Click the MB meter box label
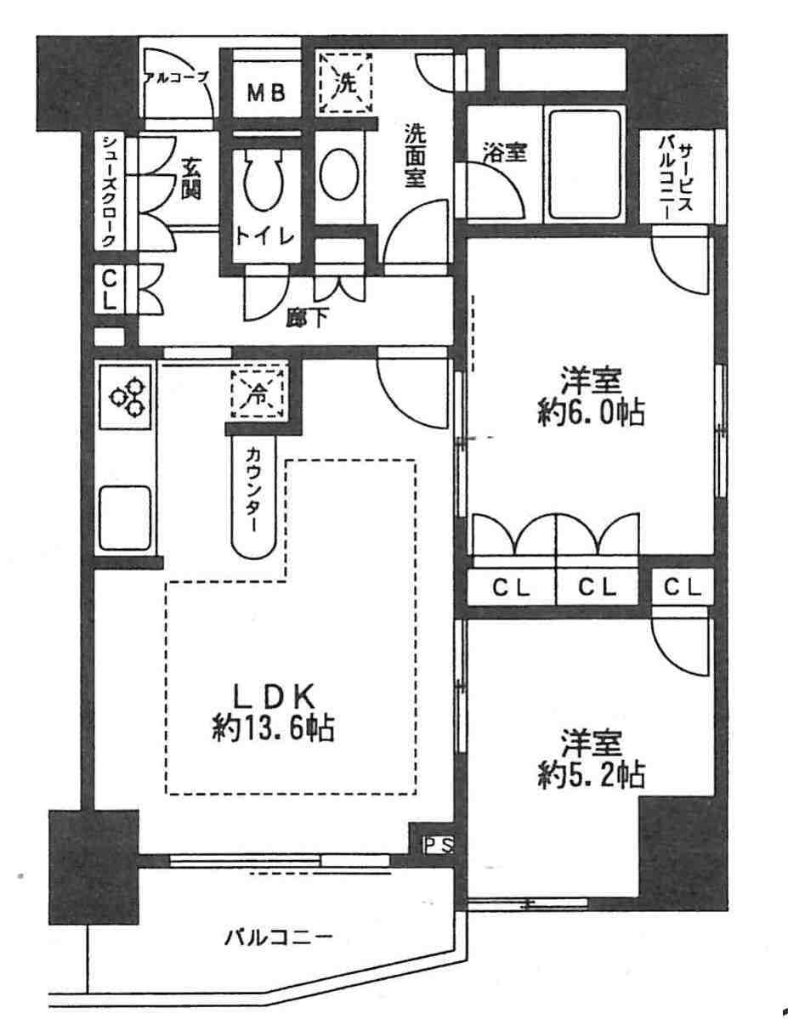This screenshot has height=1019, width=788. [x=266, y=93]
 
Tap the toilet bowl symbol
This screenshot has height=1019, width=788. [x=263, y=178]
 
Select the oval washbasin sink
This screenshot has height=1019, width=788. [x=339, y=173]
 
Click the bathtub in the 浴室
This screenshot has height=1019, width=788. [x=585, y=164]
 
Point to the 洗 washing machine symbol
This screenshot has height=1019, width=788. [x=345, y=83]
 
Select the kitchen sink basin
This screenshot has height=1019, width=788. [x=126, y=518]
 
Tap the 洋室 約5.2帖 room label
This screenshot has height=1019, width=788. [x=591, y=758]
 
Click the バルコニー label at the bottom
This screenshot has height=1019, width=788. [x=279, y=937]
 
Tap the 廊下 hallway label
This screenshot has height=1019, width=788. [x=308, y=317]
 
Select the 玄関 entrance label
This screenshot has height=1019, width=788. [x=190, y=178]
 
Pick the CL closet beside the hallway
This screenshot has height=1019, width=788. [x=110, y=290]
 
